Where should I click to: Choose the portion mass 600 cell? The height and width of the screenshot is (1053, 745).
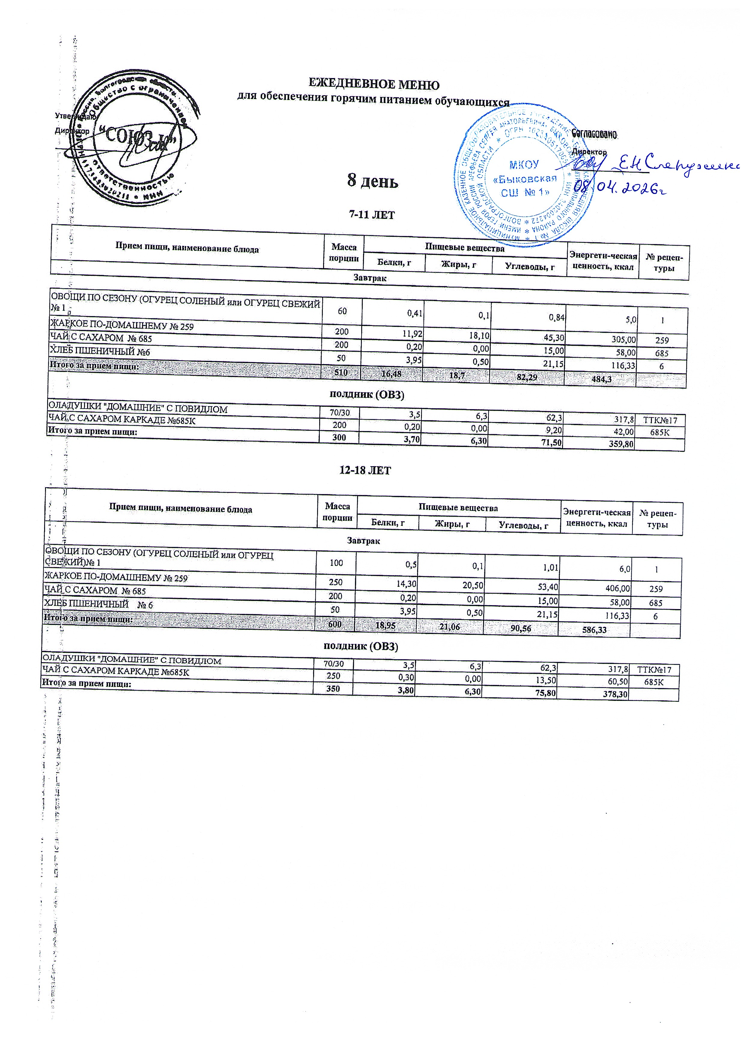334,625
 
